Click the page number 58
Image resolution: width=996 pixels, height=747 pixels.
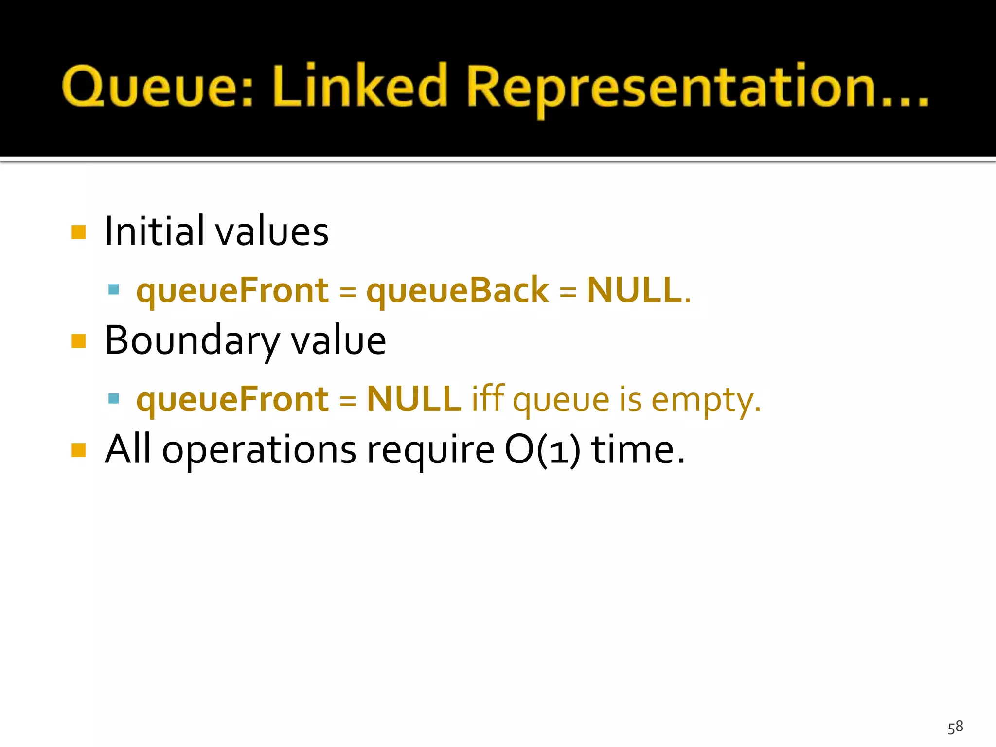955,727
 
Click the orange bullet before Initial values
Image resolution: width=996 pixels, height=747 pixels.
78,232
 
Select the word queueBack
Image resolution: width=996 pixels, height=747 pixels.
457,290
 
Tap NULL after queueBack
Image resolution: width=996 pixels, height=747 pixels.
634,290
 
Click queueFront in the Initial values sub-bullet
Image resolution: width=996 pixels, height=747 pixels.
232,290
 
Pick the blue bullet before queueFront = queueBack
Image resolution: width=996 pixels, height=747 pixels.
114,290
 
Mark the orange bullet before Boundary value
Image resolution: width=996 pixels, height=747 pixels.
78,341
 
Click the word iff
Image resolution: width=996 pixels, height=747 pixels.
488,399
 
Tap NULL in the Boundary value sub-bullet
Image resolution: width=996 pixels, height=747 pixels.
413,399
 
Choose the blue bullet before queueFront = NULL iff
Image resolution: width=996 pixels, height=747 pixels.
114,399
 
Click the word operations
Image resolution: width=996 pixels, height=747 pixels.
259,450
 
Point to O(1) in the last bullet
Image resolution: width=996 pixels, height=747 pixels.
542,450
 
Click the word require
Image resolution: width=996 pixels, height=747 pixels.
430,450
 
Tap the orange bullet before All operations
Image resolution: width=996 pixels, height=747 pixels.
78,450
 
